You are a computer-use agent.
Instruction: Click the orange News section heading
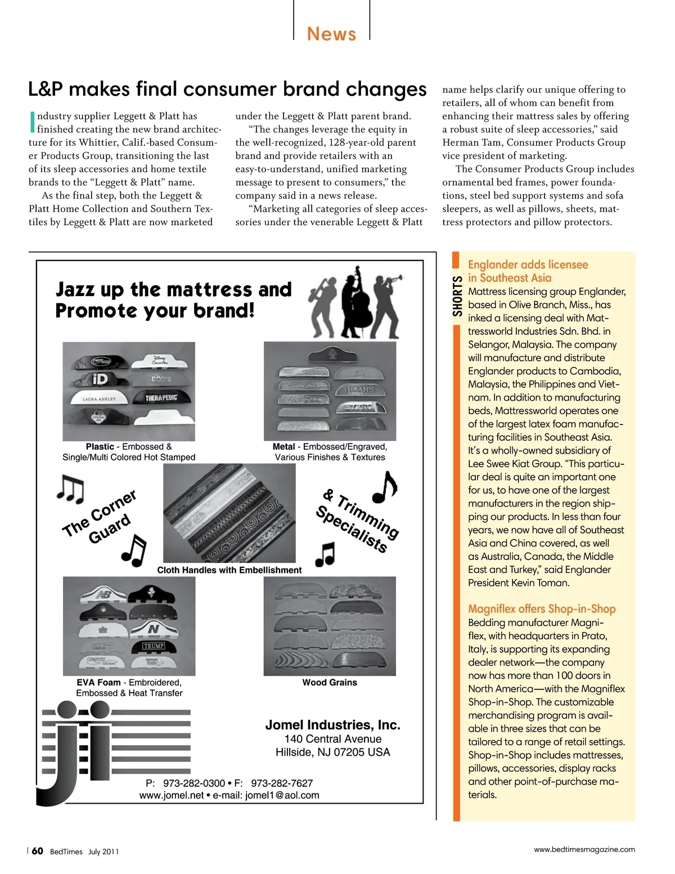[x=331, y=34]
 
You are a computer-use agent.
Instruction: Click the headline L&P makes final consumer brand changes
[x=227, y=89]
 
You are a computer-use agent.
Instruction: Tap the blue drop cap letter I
[x=32, y=122]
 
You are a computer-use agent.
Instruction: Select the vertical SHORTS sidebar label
[x=457, y=296]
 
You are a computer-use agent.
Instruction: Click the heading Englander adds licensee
[x=528, y=265]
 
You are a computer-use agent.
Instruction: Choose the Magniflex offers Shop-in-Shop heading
[x=542, y=608]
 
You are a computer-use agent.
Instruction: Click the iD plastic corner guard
[x=97, y=380]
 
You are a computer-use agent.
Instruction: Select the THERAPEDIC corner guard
[x=161, y=398]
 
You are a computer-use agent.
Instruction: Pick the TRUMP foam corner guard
[x=154, y=646]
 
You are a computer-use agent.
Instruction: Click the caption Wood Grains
[x=330, y=682]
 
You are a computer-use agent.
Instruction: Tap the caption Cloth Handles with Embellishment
[x=229, y=570]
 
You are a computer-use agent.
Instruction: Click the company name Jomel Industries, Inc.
[x=332, y=725]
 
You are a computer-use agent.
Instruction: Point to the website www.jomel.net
[x=172, y=795]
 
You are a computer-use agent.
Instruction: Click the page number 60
[x=37, y=851]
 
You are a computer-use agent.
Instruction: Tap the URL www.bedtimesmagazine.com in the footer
[x=584, y=849]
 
